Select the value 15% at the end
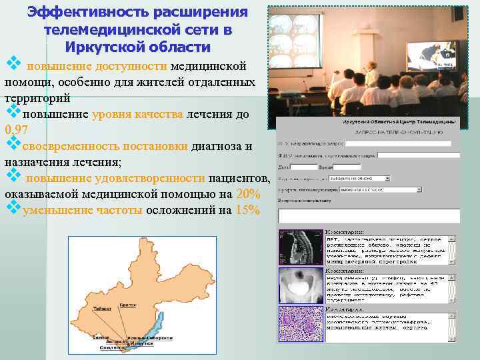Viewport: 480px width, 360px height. coord(247,211)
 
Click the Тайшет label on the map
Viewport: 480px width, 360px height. coord(102,309)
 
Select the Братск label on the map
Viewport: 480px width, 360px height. coord(128,304)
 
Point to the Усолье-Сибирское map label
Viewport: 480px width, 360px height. coord(147,337)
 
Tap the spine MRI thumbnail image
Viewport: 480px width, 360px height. coord(299,247)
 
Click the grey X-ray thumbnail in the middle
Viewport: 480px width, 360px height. coord(299,286)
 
